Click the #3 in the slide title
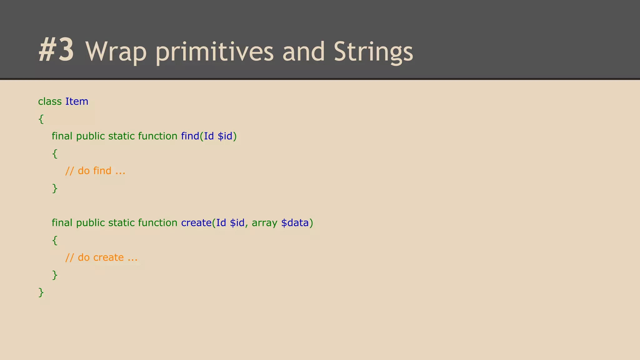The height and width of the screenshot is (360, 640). click(56, 50)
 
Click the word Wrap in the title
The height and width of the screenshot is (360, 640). click(116, 52)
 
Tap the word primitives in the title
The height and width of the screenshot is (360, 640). click(214, 52)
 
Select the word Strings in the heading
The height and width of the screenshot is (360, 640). click(373, 52)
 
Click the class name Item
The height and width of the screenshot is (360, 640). click(77, 101)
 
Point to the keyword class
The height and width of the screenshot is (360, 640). click(50, 101)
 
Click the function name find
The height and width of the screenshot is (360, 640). click(190, 136)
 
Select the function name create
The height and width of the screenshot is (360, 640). click(196, 222)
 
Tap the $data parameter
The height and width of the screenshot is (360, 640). click(295, 222)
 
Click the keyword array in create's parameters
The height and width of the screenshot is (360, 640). click(264, 223)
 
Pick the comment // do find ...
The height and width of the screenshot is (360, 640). click(95, 171)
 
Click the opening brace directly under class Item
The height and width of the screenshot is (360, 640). click(41, 119)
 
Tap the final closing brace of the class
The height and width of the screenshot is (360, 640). click(41, 292)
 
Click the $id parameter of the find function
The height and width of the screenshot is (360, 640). click(225, 136)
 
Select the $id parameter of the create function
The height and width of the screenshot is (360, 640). click(237, 222)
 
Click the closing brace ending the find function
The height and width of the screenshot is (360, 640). click(55, 188)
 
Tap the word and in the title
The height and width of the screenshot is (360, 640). click(303, 52)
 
